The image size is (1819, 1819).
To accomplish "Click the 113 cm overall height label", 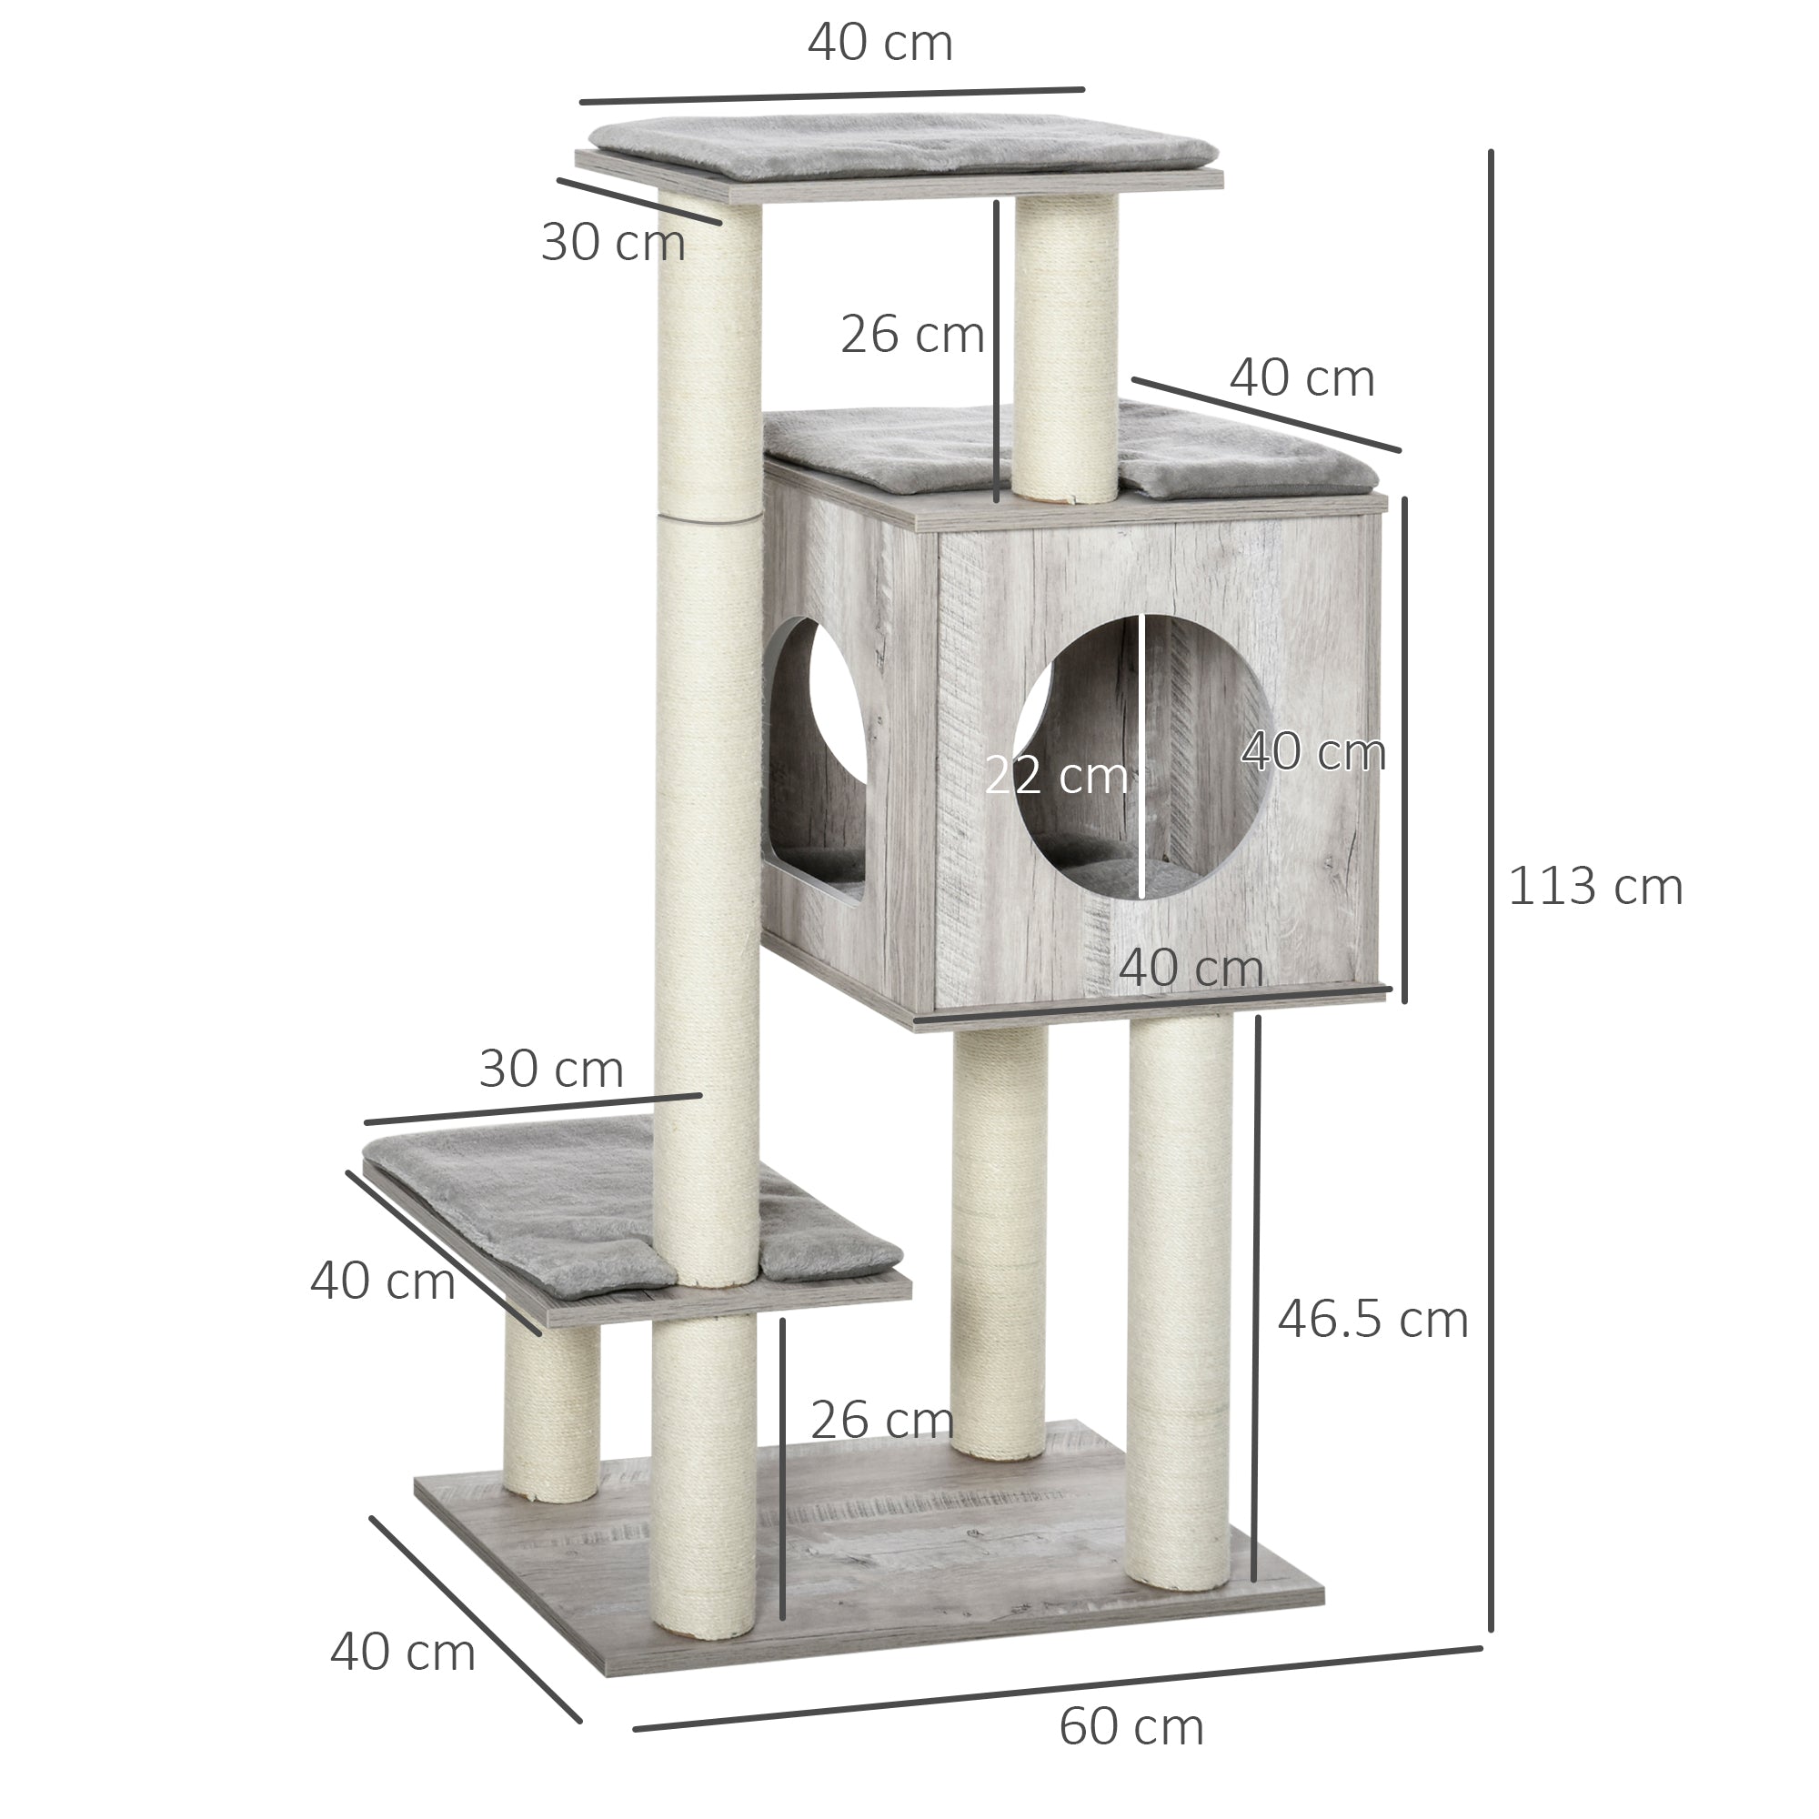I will tap(1595, 888).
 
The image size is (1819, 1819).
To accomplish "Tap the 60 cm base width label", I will tap(1131, 1727).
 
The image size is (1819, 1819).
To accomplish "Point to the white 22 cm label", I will tap(1055, 777).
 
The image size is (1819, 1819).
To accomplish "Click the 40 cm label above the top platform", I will tap(880, 44).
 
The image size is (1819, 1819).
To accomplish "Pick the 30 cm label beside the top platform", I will tap(613, 242).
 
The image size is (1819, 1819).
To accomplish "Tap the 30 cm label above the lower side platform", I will tap(551, 1069).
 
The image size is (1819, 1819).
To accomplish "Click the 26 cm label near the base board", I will tap(881, 1420).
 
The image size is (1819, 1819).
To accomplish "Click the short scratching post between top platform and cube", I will tap(1067, 348).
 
